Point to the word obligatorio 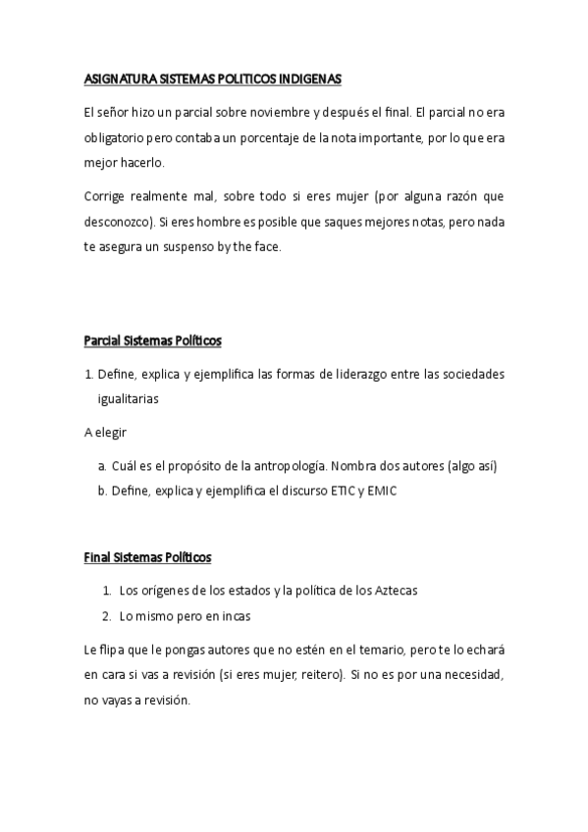tap(117, 137)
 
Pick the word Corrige tap(106, 197)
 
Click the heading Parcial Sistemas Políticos tap(152, 341)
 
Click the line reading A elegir tap(105, 432)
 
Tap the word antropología tap(296, 466)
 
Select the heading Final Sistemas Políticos tap(147, 557)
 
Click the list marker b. tap(102, 491)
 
